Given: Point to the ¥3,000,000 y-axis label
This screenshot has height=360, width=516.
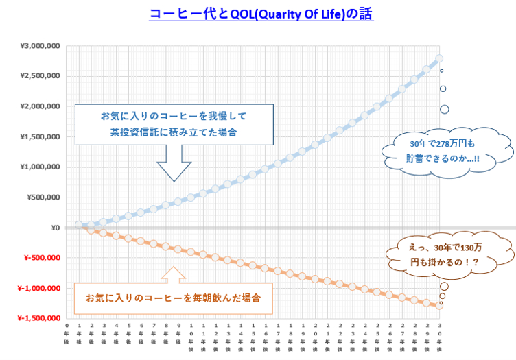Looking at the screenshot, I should coord(40,46).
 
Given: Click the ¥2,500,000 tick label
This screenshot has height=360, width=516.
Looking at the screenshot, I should coord(40,76).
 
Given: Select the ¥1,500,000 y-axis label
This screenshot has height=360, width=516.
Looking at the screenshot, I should coord(40,136).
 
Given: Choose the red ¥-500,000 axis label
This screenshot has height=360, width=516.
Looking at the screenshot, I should coord(42,258).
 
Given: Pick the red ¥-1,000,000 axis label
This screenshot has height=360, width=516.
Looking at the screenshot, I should coord(39,288).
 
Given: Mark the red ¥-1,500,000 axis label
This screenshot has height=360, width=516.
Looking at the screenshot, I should coord(39,318).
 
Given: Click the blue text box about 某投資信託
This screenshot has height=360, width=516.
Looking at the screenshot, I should coord(174,124).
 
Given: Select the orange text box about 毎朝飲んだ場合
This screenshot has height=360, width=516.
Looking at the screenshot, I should coord(172,298).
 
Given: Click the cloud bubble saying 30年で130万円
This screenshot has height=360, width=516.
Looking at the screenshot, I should coord(449,254).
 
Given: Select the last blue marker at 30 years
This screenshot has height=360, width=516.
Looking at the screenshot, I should coord(439,58).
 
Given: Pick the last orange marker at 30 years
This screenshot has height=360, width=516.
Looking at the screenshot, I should coord(438,305).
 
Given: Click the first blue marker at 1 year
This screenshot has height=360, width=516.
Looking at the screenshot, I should coord(79,225).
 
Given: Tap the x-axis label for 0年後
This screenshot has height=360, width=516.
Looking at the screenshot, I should coord(67,330).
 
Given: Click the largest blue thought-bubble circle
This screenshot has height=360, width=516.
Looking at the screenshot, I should coord(445,109).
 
